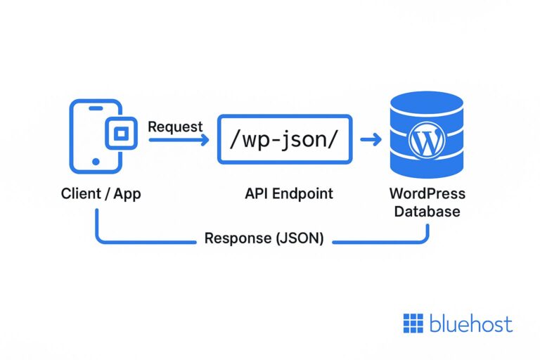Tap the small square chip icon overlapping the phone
click(x=120, y=133)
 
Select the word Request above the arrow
click(x=175, y=127)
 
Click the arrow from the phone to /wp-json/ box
click(x=179, y=140)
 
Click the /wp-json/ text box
click(x=284, y=140)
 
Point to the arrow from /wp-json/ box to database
click(x=371, y=140)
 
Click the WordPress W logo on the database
click(x=427, y=141)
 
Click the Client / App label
click(x=101, y=193)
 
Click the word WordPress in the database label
click(x=427, y=194)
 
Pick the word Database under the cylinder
click(x=427, y=212)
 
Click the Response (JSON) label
click(x=264, y=238)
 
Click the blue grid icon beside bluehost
click(x=413, y=323)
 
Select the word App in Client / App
click(x=126, y=193)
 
